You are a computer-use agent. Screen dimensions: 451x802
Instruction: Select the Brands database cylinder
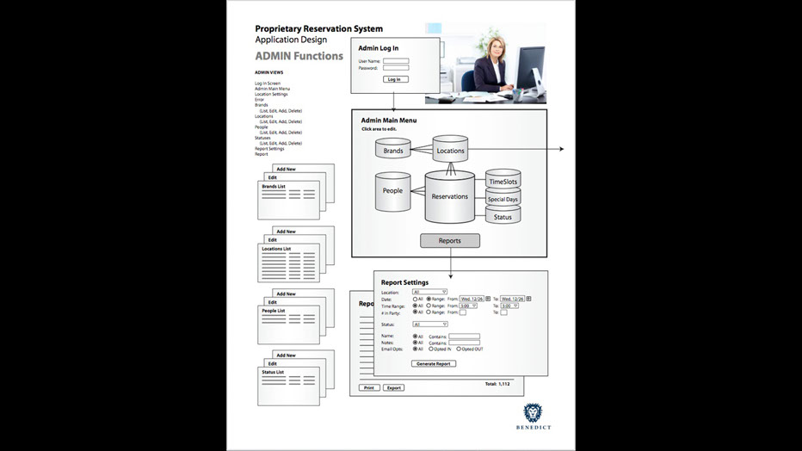pyautogui.click(x=392, y=151)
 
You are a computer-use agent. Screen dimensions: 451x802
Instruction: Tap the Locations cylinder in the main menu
pyautogui.click(x=450, y=151)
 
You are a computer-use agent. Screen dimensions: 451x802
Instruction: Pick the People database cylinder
pyautogui.click(x=392, y=190)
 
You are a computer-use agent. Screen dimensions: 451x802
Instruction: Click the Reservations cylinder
pyautogui.click(x=449, y=196)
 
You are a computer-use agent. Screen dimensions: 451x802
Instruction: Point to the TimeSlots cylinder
pyautogui.click(x=503, y=182)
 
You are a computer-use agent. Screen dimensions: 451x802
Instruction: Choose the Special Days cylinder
pyautogui.click(x=503, y=200)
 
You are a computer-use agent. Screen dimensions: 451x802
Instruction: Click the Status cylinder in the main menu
pyautogui.click(x=503, y=217)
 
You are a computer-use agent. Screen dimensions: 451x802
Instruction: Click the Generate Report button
pyautogui.click(x=434, y=364)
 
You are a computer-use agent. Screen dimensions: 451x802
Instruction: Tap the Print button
pyautogui.click(x=368, y=388)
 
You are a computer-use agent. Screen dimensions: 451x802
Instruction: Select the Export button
pyautogui.click(x=393, y=388)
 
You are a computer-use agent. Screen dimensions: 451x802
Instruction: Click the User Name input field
pyautogui.click(x=396, y=61)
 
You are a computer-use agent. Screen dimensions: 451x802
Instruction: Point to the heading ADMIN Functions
pyautogui.click(x=299, y=57)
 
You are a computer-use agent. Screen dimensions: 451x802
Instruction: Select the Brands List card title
pyautogui.click(x=274, y=186)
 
